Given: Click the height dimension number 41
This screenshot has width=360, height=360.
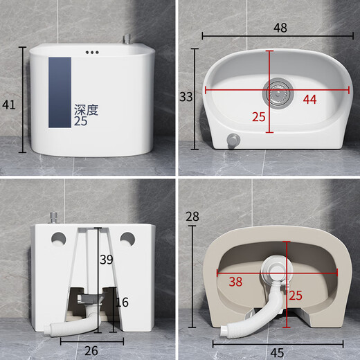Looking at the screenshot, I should pos(9,105).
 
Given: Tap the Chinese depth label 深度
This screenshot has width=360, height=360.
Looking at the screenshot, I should pos(87,109).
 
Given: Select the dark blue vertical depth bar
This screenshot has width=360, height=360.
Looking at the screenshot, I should pos(60,92).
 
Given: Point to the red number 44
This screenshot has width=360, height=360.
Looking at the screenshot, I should pos(309,100).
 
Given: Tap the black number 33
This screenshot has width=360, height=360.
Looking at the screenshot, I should pos(186,97).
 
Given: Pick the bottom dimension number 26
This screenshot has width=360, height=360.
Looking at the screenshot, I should pos(91,350).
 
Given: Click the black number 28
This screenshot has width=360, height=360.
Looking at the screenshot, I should pos(192,217).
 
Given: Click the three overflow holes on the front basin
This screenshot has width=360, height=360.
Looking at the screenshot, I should pos(92,52).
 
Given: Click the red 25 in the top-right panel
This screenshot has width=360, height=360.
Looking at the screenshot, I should pos(258,117).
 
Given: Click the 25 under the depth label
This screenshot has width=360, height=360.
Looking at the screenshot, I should pos(82,121).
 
